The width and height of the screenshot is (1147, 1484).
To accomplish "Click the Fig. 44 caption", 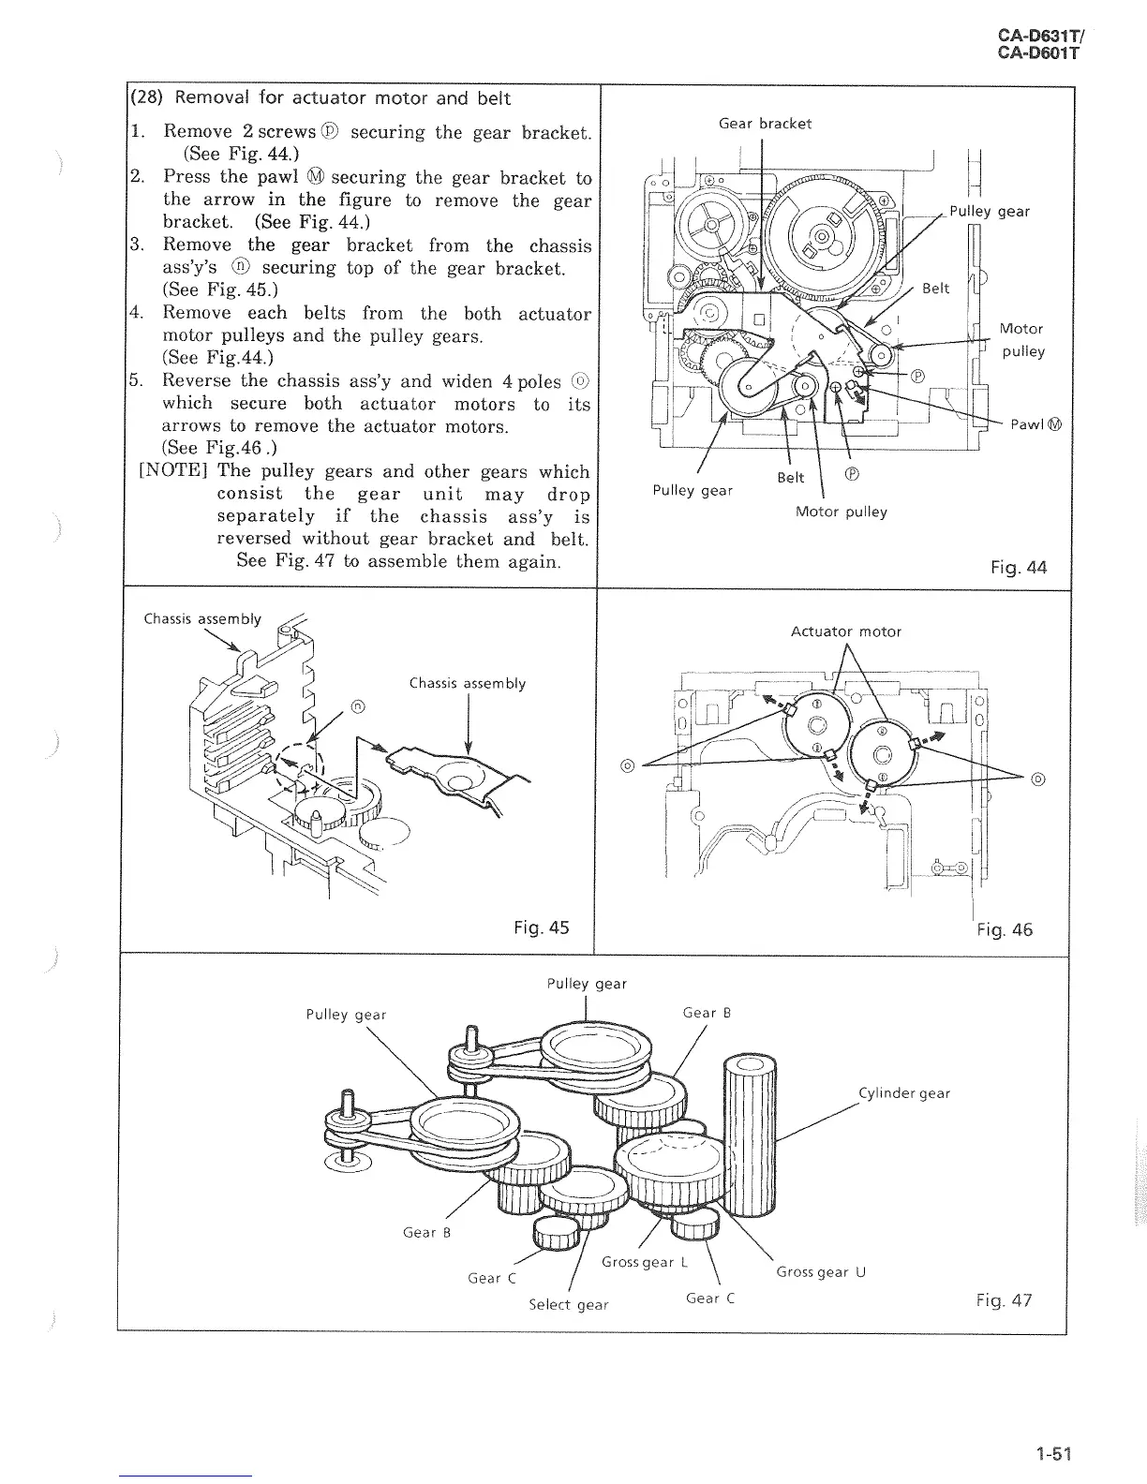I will pos(1018,567).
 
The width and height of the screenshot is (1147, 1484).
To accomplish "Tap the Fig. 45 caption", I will pos(541,927).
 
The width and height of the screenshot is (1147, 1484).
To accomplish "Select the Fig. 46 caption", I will pos(1004,929).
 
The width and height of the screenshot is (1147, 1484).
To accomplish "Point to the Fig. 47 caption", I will pos(1003,1299).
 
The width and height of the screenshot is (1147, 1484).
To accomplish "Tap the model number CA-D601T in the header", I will pos(1038,53).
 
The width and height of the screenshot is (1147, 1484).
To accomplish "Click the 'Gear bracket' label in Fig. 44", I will pos(765,124).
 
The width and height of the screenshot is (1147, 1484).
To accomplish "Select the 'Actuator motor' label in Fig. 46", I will pos(845,631).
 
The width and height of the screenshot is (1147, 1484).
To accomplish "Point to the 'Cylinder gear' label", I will pos(903,1093).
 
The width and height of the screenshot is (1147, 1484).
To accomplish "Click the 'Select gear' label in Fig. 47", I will pos(568,1304).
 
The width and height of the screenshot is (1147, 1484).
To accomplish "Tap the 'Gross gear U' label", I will pos(821,1271).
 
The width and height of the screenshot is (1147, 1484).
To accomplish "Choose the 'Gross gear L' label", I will pos(645,1262).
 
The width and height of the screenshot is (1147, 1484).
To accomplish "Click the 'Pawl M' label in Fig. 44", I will pos(1035,424).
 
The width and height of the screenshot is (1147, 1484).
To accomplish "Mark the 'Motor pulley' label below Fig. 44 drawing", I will pos(841,512).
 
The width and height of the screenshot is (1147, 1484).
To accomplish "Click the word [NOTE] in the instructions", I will pos(172,471).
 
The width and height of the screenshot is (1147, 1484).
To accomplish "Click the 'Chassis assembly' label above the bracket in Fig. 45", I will pos(468,683).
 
